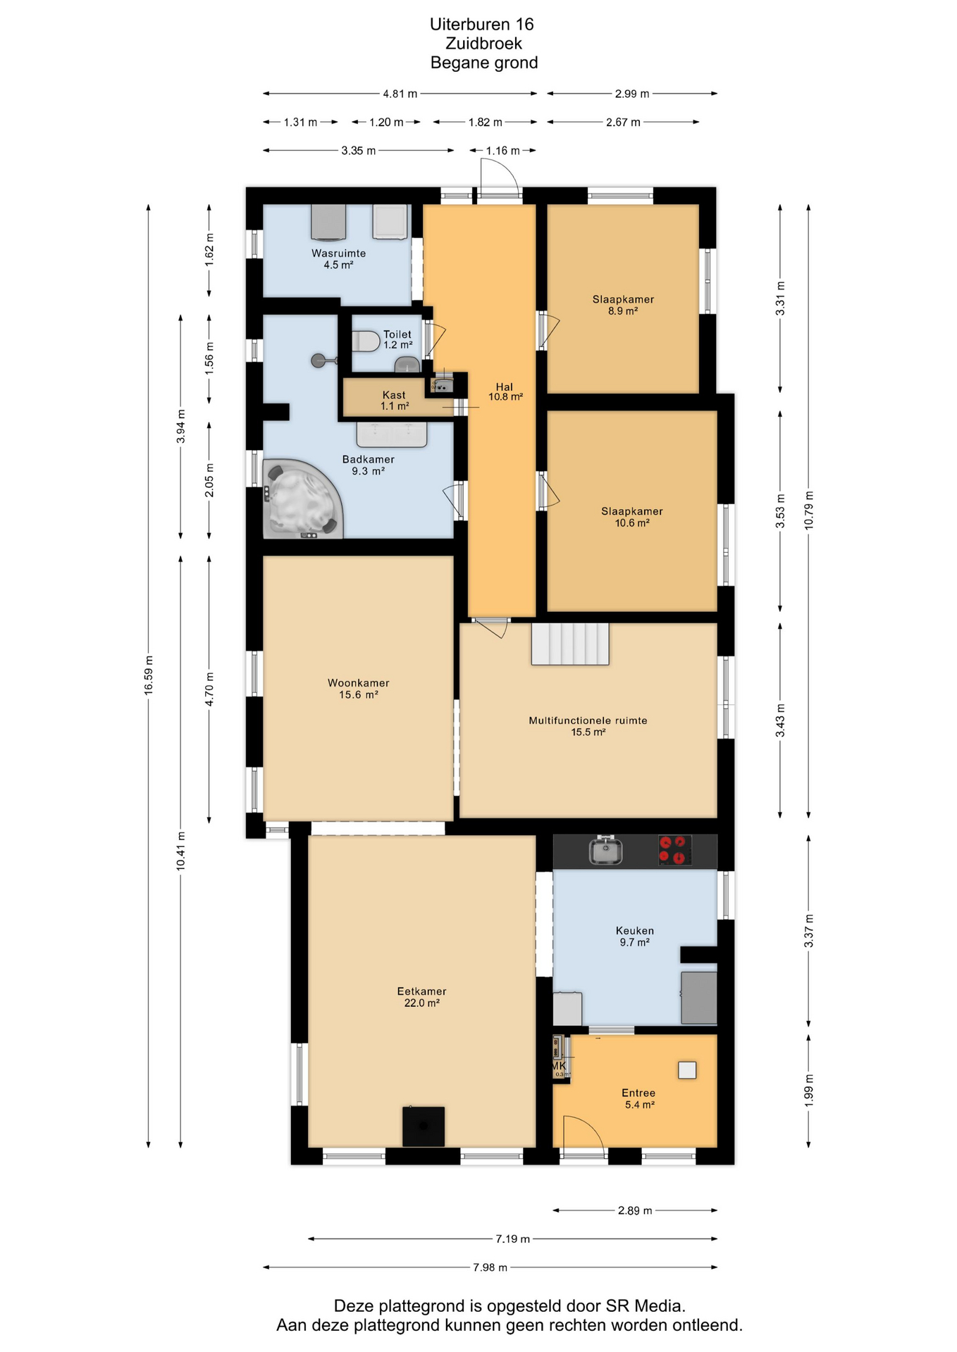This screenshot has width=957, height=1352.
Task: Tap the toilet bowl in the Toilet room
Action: [x=366, y=342]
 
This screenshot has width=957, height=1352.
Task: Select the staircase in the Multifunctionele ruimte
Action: [x=570, y=644]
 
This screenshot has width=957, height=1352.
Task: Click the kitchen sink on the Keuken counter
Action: [x=605, y=851]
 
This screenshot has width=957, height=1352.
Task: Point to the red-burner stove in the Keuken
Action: [x=674, y=850]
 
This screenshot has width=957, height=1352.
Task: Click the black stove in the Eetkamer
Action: [x=424, y=1127]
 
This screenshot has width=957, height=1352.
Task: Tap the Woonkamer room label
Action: [x=359, y=689]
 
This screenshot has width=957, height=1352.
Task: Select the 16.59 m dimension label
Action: [x=149, y=675]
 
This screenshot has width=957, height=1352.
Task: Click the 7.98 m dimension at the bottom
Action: [x=490, y=1267]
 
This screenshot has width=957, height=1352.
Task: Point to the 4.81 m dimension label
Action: [x=400, y=94]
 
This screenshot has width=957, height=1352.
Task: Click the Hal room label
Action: [x=505, y=392]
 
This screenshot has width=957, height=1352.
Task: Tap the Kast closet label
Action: [x=395, y=401]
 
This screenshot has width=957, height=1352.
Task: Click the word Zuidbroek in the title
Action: [x=484, y=44]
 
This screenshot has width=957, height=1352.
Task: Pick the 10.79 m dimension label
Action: [x=809, y=511]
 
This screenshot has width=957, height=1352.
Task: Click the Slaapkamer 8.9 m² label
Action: [x=623, y=305]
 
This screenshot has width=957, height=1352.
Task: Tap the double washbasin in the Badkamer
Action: [x=392, y=434]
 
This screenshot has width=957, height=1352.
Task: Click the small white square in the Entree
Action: [x=687, y=1070]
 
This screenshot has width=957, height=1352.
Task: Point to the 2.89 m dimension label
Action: [x=635, y=1210]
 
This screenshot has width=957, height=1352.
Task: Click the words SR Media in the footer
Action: [x=645, y=1306]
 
